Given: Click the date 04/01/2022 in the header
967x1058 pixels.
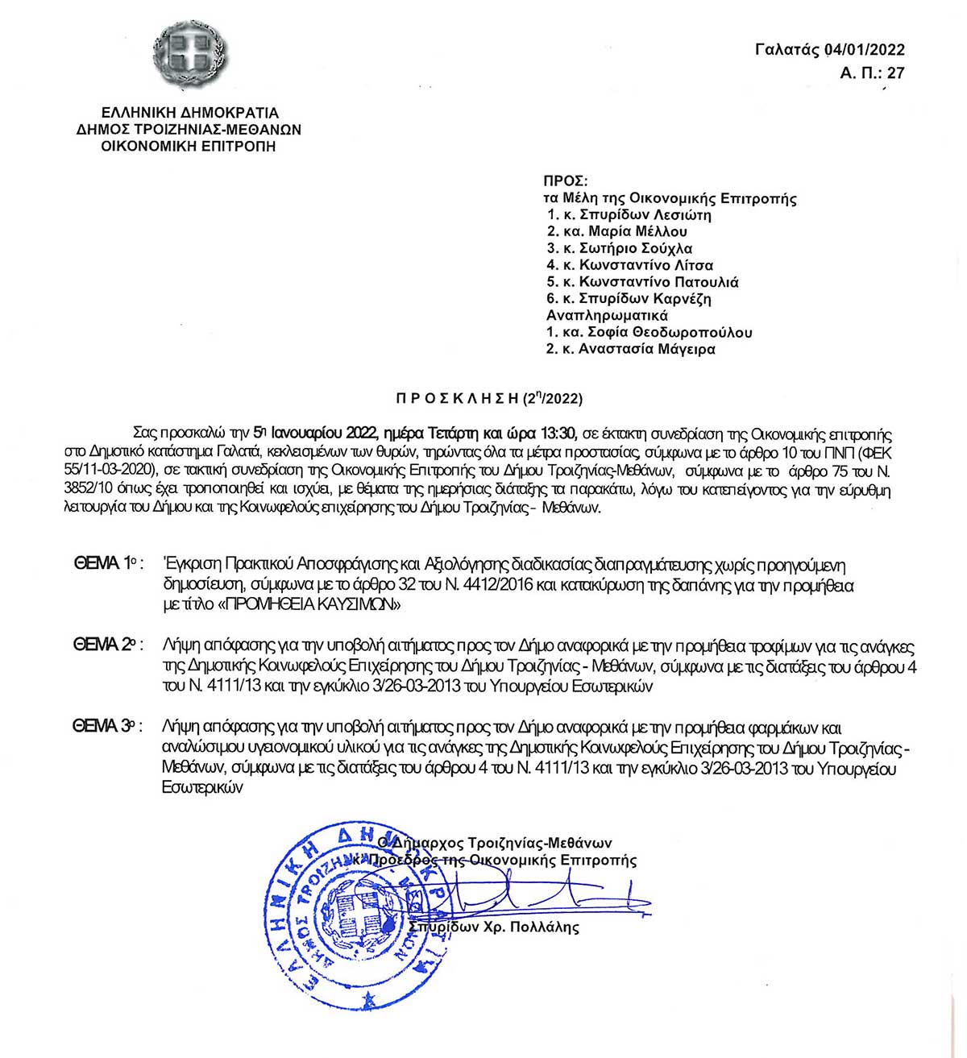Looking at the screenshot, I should click(x=865, y=49).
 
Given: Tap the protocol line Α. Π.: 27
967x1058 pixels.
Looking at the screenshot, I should click(x=872, y=73).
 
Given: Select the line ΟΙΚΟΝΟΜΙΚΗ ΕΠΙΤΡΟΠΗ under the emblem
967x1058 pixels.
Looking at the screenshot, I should click(x=189, y=146).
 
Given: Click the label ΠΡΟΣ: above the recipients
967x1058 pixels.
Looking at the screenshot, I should click(x=566, y=181).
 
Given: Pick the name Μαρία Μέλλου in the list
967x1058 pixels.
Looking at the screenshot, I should click(x=638, y=231).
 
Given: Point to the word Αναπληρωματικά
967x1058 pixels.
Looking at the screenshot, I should click(x=607, y=315).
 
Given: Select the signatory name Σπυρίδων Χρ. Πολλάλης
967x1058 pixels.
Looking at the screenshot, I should click(x=493, y=927).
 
